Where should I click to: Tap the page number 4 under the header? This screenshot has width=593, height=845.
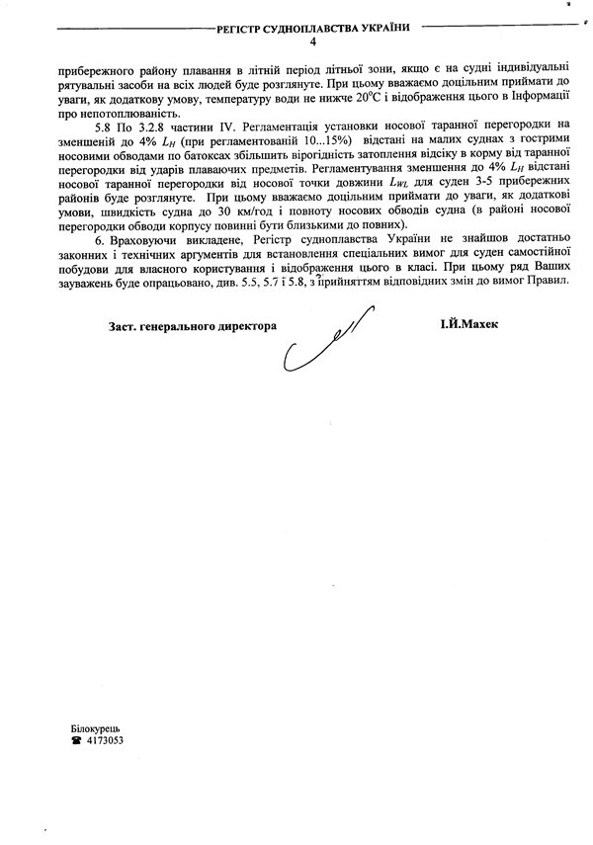(313, 42)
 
